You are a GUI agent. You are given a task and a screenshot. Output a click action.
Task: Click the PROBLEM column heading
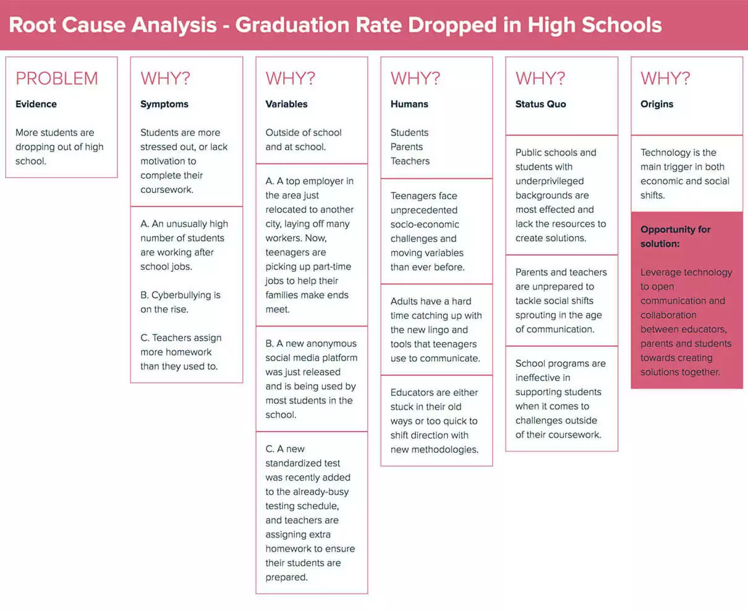click(57, 79)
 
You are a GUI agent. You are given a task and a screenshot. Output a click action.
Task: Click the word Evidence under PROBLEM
click(36, 104)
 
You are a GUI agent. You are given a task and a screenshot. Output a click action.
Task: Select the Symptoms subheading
click(164, 104)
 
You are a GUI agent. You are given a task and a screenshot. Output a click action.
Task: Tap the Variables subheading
click(286, 104)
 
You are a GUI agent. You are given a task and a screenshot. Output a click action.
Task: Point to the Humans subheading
click(409, 104)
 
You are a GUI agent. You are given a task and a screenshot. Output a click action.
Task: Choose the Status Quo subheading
click(540, 104)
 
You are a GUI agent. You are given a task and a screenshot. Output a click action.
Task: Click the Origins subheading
click(657, 104)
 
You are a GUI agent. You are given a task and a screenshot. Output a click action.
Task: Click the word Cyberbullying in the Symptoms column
click(181, 295)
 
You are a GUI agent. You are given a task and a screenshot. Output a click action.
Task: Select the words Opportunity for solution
click(675, 236)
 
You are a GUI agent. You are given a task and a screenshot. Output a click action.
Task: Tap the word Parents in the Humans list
click(407, 147)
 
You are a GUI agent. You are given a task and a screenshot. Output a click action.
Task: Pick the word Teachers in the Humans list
click(410, 161)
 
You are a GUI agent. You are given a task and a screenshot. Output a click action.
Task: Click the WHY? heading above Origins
click(665, 79)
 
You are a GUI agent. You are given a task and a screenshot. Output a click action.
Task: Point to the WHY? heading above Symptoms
click(165, 79)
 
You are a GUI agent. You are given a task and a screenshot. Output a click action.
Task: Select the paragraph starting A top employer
click(310, 245)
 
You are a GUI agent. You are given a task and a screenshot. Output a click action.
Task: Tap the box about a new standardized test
click(310, 513)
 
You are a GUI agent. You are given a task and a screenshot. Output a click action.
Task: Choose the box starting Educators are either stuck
click(435, 421)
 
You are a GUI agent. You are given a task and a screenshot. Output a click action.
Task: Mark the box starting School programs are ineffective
click(560, 399)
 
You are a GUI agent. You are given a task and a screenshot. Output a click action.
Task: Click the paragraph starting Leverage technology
click(686, 322)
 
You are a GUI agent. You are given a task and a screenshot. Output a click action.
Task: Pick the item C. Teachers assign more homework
click(181, 352)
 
